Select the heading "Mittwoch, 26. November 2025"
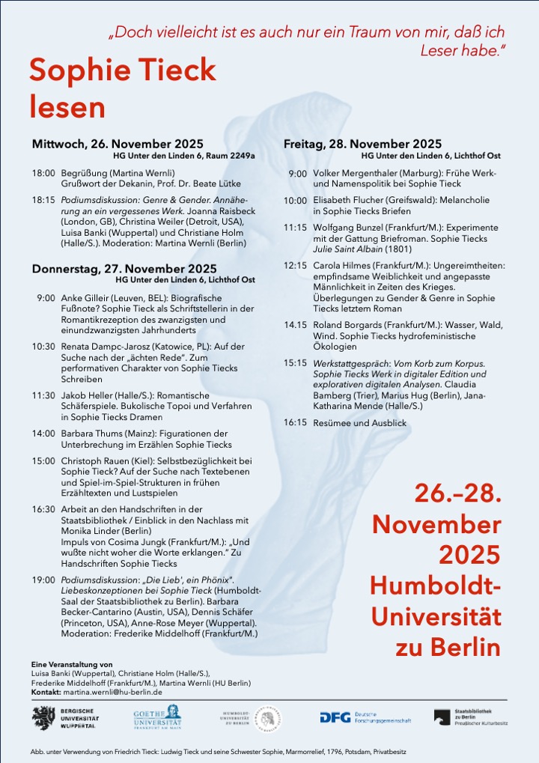[118, 144]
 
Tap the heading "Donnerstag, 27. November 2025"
[124, 268]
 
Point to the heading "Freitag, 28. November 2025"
[362, 144]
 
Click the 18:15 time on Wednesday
[43, 200]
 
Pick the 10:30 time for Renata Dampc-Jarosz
[43, 347]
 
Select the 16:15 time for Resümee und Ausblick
[295, 422]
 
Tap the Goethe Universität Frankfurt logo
[157, 717]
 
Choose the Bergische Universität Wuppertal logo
[64, 717]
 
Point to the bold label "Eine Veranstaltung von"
[72, 664]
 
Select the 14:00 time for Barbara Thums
[43, 434]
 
